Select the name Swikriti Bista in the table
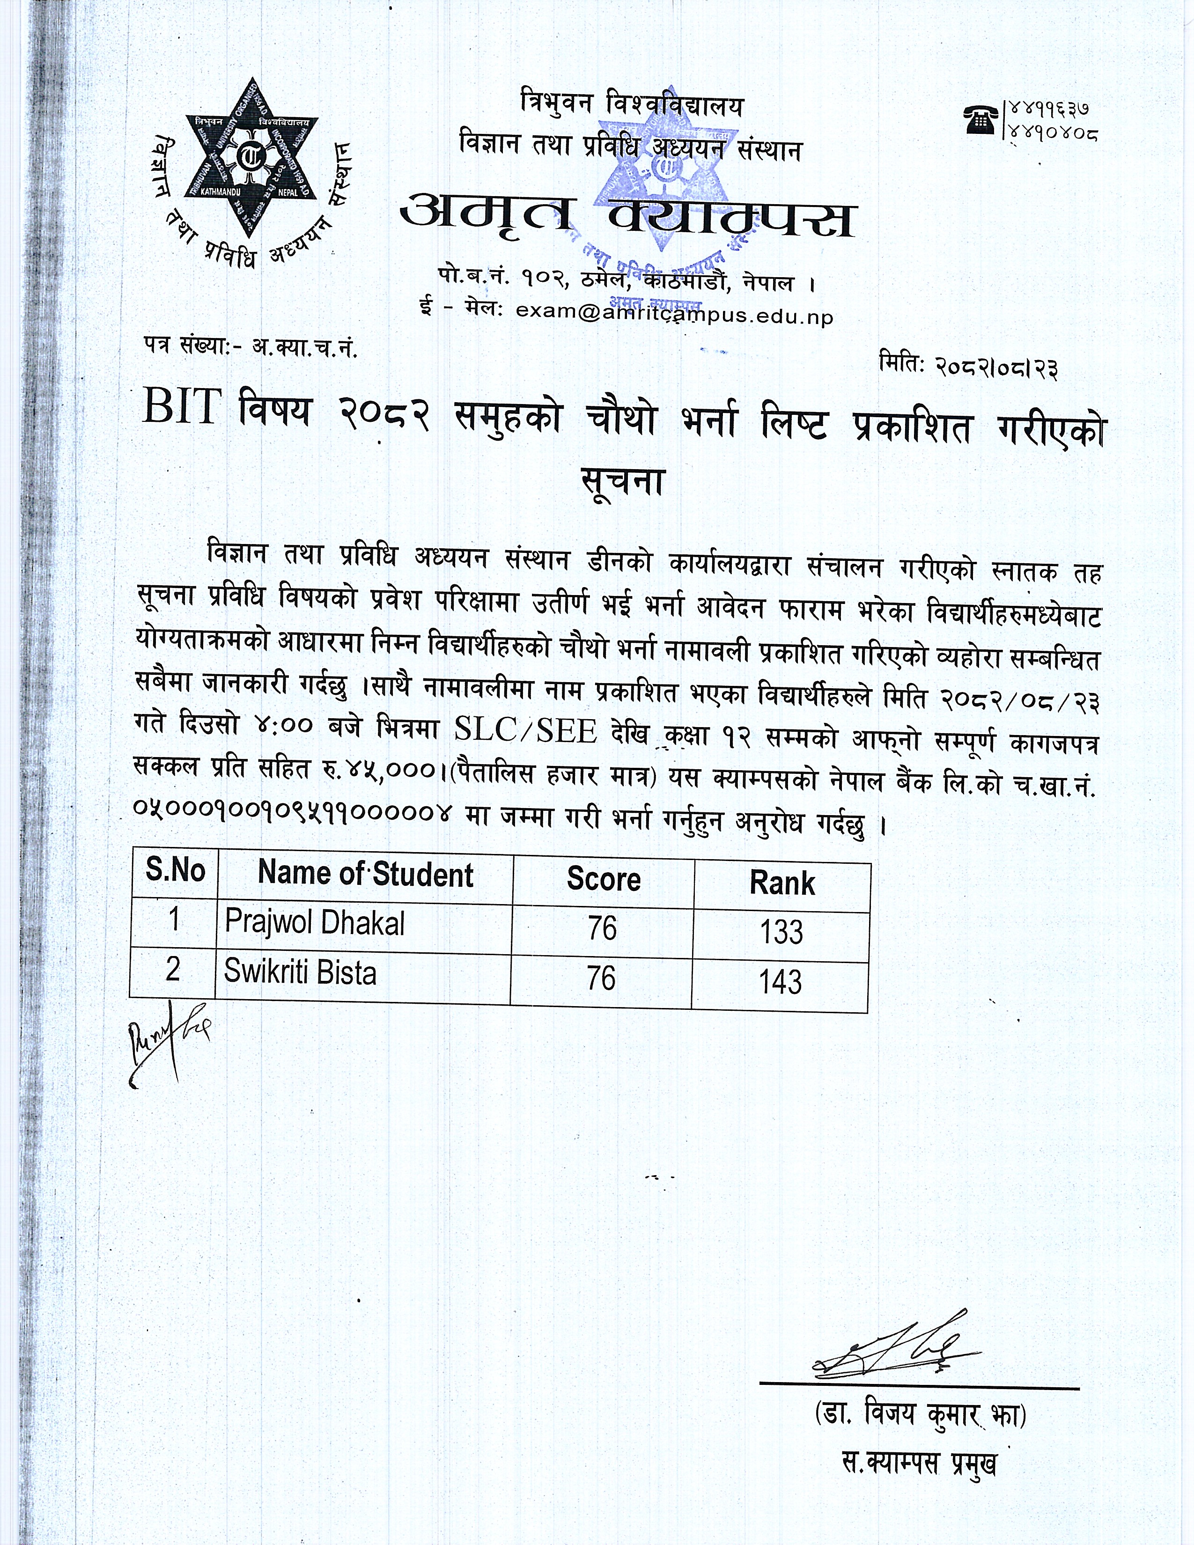tap(300, 973)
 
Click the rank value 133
tap(781, 932)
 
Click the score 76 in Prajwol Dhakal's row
tap(602, 928)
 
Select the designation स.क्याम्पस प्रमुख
tap(919, 1462)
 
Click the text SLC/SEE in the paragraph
tap(525, 731)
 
